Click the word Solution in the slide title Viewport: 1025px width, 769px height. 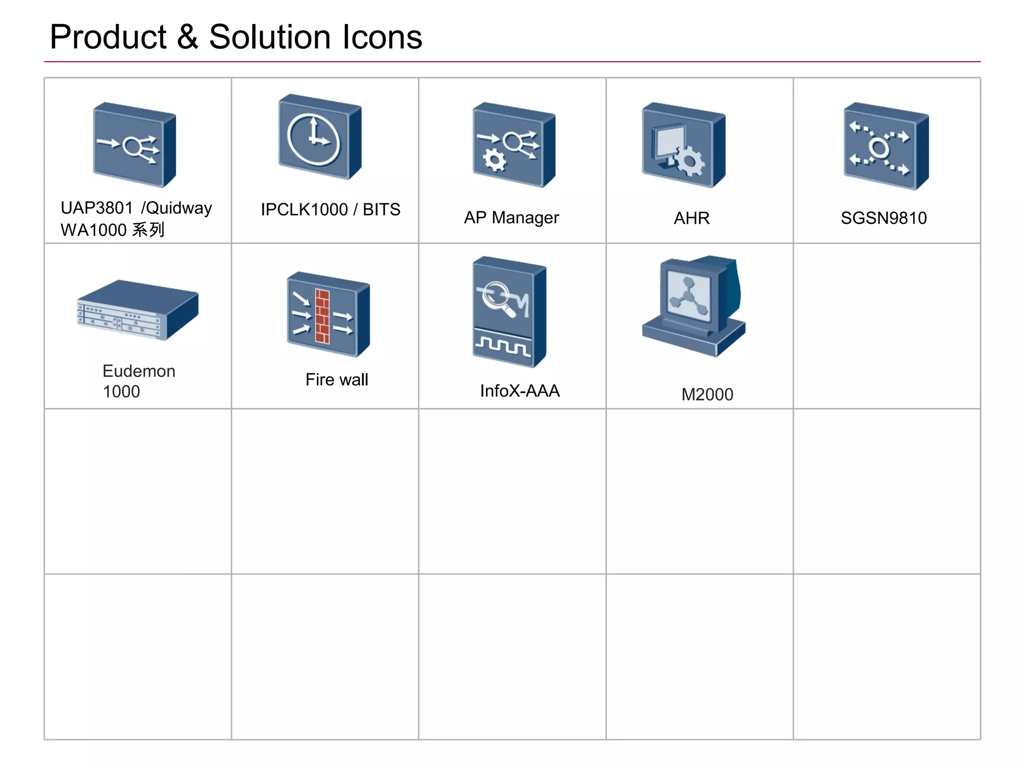[x=269, y=38]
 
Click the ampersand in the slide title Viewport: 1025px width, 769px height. [x=187, y=38]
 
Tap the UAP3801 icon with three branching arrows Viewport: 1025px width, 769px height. [x=134, y=145]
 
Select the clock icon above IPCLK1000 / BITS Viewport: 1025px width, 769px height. [x=314, y=140]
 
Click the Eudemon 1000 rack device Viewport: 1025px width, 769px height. [x=137, y=310]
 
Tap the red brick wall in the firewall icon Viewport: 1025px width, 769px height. [x=322, y=316]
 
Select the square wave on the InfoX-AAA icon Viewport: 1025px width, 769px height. [x=502, y=346]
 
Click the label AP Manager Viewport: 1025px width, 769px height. [x=511, y=218]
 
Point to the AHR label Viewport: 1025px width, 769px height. [x=692, y=218]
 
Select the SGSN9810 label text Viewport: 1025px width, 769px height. [x=883, y=218]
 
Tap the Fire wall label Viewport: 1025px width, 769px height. [x=337, y=379]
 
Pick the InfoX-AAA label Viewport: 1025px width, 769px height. [x=520, y=391]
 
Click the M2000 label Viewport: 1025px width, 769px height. [x=707, y=395]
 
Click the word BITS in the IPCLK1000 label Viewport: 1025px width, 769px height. [x=381, y=210]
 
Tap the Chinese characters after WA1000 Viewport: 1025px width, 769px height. [x=148, y=230]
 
